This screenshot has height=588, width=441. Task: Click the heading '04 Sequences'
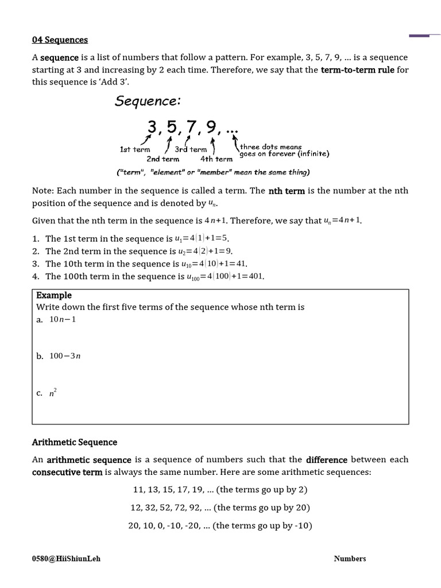(x=60, y=40)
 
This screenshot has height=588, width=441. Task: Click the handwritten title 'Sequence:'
(x=148, y=101)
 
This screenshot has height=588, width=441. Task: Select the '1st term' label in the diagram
(x=135, y=150)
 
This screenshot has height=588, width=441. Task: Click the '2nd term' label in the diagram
(x=163, y=159)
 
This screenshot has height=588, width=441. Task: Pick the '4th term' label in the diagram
(x=216, y=159)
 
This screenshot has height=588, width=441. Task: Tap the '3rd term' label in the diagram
(x=191, y=150)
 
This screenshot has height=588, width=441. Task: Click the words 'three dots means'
(x=270, y=147)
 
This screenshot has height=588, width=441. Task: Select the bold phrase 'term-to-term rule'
(x=357, y=70)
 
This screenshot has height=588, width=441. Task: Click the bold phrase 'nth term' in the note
(x=287, y=191)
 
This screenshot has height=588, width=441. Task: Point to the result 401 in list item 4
(x=256, y=276)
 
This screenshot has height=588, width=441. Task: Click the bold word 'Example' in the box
(x=54, y=295)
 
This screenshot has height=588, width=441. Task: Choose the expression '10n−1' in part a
(x=63, y=319)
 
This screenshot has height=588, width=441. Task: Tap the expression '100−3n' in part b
(x=65, y=356)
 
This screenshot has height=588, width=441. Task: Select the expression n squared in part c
(x=53, y=393)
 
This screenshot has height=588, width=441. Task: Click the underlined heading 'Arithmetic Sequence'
(x=75, y=442)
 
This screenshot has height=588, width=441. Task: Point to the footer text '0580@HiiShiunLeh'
(x=66, y=558)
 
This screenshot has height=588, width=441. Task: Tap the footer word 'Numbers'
(x=350, y=558)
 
